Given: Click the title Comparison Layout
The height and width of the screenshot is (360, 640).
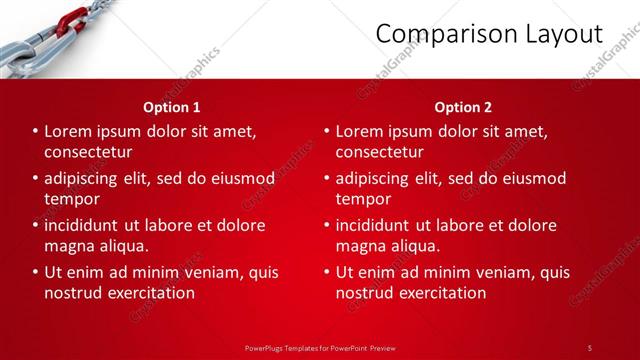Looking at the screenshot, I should click(x=489, y=34).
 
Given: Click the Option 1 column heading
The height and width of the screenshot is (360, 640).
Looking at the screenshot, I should click(x=172, y=107).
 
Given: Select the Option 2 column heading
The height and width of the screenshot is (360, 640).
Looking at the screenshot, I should click(x=463, y=107).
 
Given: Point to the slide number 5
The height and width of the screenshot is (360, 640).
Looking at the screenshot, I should click(x=589, y=347).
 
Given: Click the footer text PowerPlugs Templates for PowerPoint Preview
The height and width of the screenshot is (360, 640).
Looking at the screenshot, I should click(x=320, y=347).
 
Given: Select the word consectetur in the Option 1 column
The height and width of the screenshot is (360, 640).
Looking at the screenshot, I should click(x=89, y=152).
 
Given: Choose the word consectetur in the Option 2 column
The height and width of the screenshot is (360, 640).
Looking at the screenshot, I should click(x=380, y=152).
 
